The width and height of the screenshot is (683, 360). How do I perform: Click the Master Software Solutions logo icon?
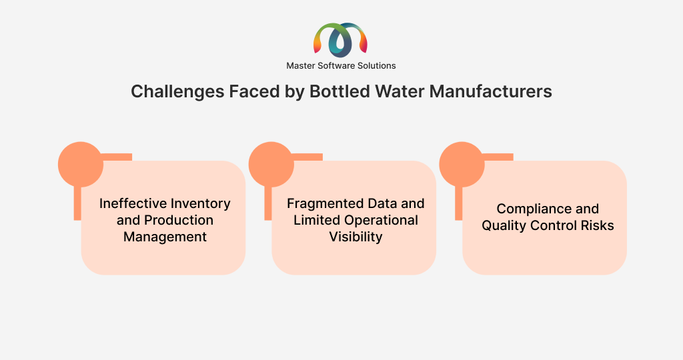340,41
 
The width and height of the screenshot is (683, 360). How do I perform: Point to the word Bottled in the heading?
339,91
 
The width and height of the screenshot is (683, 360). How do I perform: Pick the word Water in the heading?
400,91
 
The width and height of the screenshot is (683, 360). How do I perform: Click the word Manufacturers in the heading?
490,91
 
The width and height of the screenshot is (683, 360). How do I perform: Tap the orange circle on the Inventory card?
81,164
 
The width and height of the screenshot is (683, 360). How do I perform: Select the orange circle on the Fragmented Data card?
271,164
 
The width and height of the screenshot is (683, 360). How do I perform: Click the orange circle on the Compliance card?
462,164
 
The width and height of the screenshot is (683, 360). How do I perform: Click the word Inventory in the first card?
201,204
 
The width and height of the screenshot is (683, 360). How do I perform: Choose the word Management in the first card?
165,237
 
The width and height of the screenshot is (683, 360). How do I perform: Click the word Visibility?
356,237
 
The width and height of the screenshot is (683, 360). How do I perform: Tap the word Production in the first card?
179,220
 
